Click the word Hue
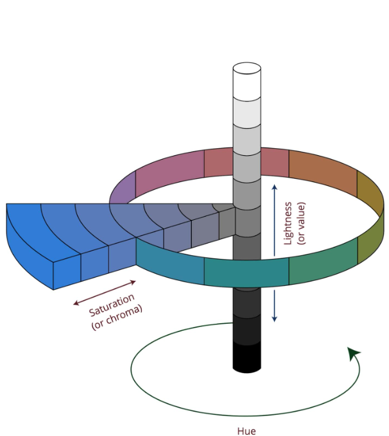pos(246,431)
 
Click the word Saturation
pos(112,305)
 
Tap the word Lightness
pos(288,223)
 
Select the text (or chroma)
pos(117,318)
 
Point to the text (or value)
pos(302,223)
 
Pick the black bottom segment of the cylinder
pos(246,357)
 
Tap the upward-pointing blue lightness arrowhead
pos(275,187)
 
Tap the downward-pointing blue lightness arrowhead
pos(275,319)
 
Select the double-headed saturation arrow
pos(105,293)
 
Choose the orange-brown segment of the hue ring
pos(323,173)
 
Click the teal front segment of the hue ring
pos(246,273)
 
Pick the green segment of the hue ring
pos(323,262)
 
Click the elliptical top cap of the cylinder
pos(246,69)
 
